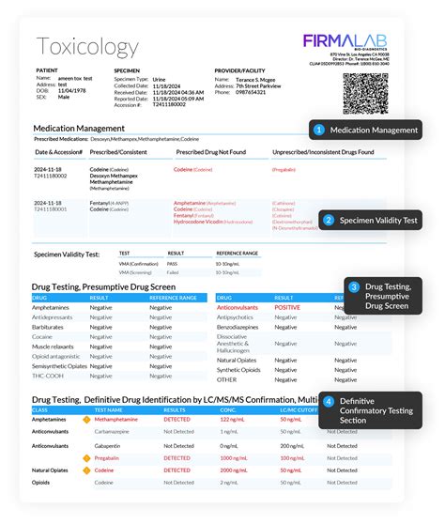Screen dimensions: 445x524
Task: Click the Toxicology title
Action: tap(87, 47)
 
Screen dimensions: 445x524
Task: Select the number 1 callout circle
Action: tap(319, 130)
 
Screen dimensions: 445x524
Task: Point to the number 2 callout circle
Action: tap(328, 221)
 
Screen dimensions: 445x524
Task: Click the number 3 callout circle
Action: tap(354, 286)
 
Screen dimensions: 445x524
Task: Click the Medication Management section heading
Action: tap(86, 129)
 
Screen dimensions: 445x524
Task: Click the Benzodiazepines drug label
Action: tap(242, 327)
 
